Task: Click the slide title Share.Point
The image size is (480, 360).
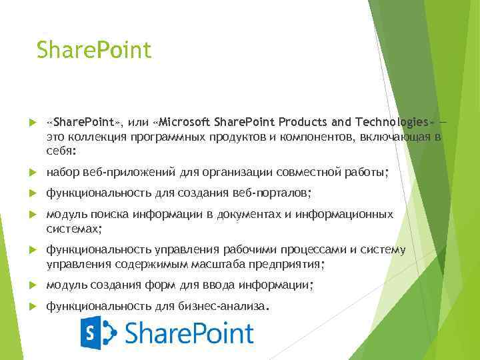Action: pos(94,49)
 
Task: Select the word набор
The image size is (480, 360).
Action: pos(62,173)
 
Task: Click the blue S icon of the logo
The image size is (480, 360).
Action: pos(98,333)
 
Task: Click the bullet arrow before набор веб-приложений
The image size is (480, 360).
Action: pos(31,173)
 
